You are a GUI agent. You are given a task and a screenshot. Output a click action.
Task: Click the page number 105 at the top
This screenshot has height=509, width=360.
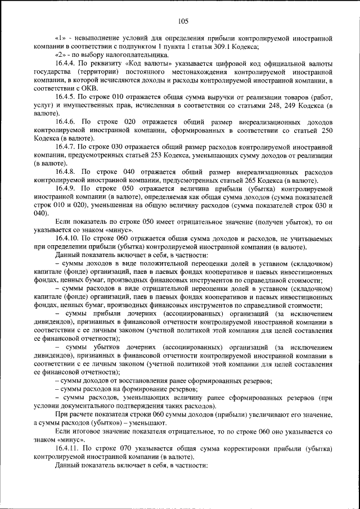[x=182, y=21]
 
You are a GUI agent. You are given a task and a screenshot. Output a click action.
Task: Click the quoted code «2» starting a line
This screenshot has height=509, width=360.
[x=62, y=56]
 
